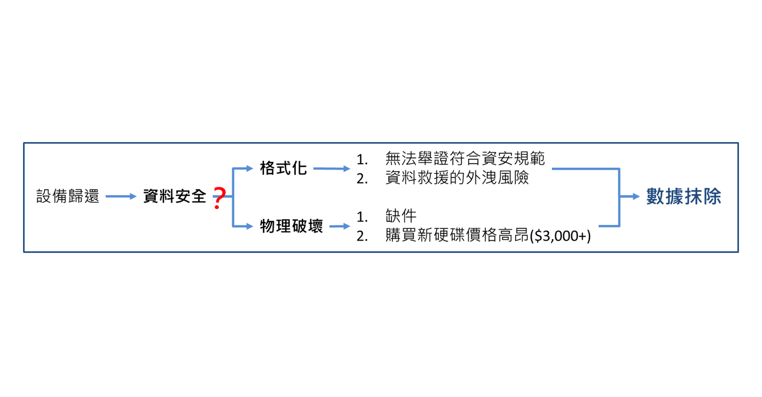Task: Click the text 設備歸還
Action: (x=67, y=196)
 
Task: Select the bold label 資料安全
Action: (x=174, y=196)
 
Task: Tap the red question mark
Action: (x=219, y=198)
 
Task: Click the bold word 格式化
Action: (x=283, y=168)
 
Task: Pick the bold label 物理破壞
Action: (x=291, y=226)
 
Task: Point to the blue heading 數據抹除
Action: (x=683, y=196)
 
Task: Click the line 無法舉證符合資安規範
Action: (x=465, y=159)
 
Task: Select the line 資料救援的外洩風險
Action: (x=457, y=177)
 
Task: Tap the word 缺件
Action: (x=401, y=216)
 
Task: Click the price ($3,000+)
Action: (x=560, y=236)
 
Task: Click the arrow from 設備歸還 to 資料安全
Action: (x=121, y=196)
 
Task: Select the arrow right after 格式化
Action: (x=332, y=169)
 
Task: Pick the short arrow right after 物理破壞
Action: (x=340, y=226)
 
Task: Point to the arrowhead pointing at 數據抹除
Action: (x=636, y=196)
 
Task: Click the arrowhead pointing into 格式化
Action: (x=249, y=168)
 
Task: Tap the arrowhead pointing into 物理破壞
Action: (x=249, y=226)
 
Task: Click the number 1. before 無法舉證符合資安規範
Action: (x=362, y=160)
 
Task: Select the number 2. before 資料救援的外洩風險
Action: (x=362, y=179)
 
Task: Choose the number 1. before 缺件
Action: (x=362, y=217)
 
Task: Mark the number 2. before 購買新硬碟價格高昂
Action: (x=362, y=236)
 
